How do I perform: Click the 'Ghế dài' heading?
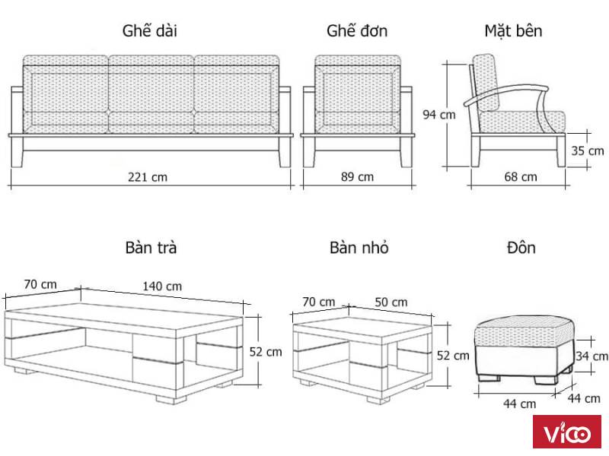(150, 30)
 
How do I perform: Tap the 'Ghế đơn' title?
(357, 30)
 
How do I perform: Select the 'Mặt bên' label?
(513, 30)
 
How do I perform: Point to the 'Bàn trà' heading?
(151, 248)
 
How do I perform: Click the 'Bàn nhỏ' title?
(359, 248)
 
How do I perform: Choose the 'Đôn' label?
(521, 248)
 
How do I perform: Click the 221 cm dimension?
(148, 177)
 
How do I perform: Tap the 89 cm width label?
(357, 177)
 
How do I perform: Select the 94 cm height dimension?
(439, 115)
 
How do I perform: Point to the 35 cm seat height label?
(587, 150)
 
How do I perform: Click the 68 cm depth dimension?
(521, 177)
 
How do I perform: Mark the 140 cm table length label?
(162, 287)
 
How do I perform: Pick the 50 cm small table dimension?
(391, 302)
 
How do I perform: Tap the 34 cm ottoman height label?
(591, 356)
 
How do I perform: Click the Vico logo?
(567, 432)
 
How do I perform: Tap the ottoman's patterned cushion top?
(524, 331)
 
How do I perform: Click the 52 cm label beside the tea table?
(266, 352)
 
